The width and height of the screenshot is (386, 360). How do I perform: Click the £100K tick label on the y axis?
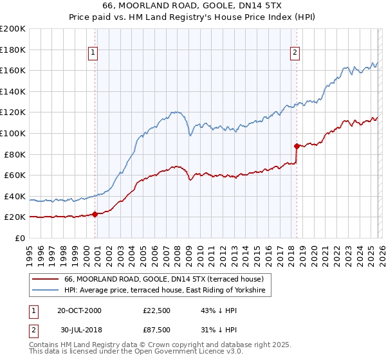point(12,133)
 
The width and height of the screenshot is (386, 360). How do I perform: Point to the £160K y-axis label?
point(12,70)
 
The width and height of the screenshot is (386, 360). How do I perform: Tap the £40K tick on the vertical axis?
point(15,196)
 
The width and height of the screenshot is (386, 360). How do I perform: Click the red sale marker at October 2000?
point(95,214)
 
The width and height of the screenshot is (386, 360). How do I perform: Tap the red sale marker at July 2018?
point(297,146)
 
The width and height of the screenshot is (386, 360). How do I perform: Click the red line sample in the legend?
point(45,280)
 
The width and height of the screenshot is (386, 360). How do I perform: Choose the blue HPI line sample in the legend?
point(45,291)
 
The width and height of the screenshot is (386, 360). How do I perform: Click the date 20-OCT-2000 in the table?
point(79,310)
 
